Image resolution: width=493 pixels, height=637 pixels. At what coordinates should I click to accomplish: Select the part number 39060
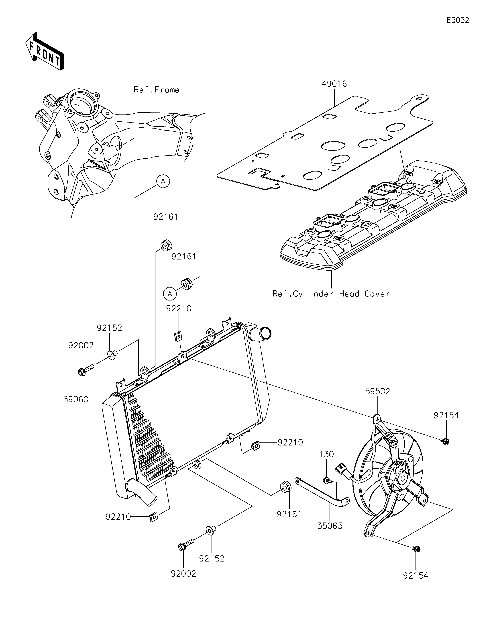click(76, 399)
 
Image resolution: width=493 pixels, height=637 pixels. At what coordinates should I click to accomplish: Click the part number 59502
click(378, 391)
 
